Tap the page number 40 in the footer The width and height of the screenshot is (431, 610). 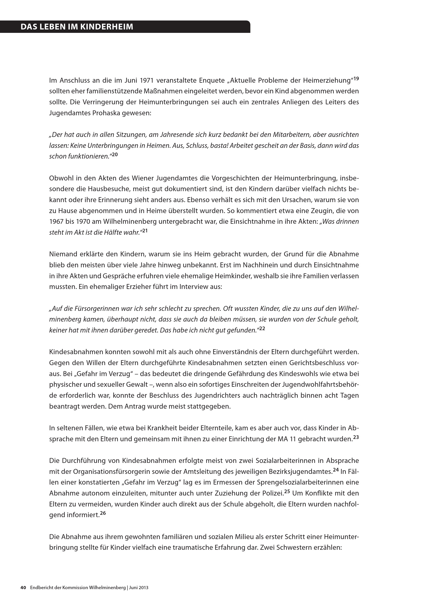[23, 588]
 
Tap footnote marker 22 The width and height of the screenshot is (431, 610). [262, 328]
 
